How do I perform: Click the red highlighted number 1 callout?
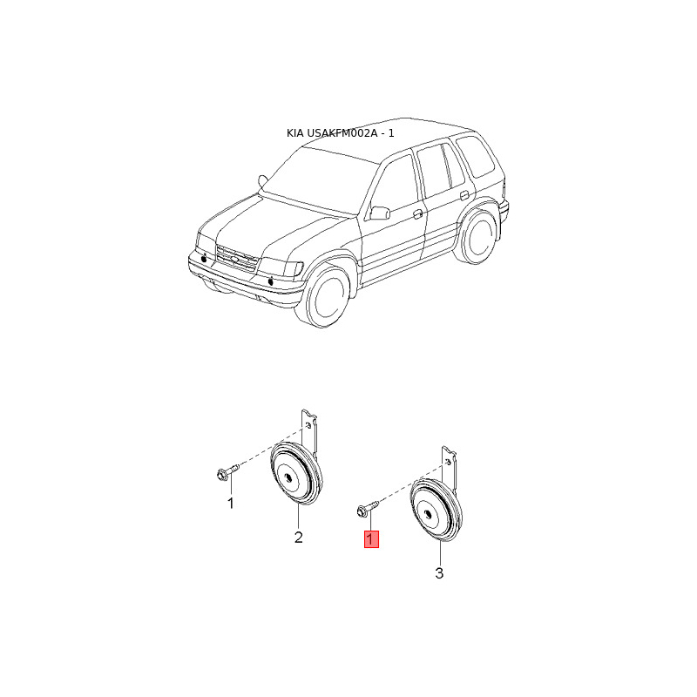click(x=371, y=539)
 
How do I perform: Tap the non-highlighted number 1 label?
click(x=230, y=504)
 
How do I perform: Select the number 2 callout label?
click(x=298, y=538)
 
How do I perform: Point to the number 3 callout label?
click(x=439, y=573)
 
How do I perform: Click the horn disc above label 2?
click(x=296, y=474)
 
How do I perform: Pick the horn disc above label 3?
click(x=436, y=510)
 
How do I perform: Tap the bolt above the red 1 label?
click(x=367, y=508)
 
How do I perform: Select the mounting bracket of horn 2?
click(x=309, y=433)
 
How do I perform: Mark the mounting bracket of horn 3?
click(x=449, y=469)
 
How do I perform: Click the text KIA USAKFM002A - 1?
click(x=340, y=133)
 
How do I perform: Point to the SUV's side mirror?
click(x=380, y=213)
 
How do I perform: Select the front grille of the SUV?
click(x=236, y=258)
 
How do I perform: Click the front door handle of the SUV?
click(x=418, y=214)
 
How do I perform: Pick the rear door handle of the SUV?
click(x=464, y=194)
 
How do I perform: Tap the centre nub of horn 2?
click(x=288, y=477)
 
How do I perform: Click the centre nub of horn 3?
click(x=428, y=514)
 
